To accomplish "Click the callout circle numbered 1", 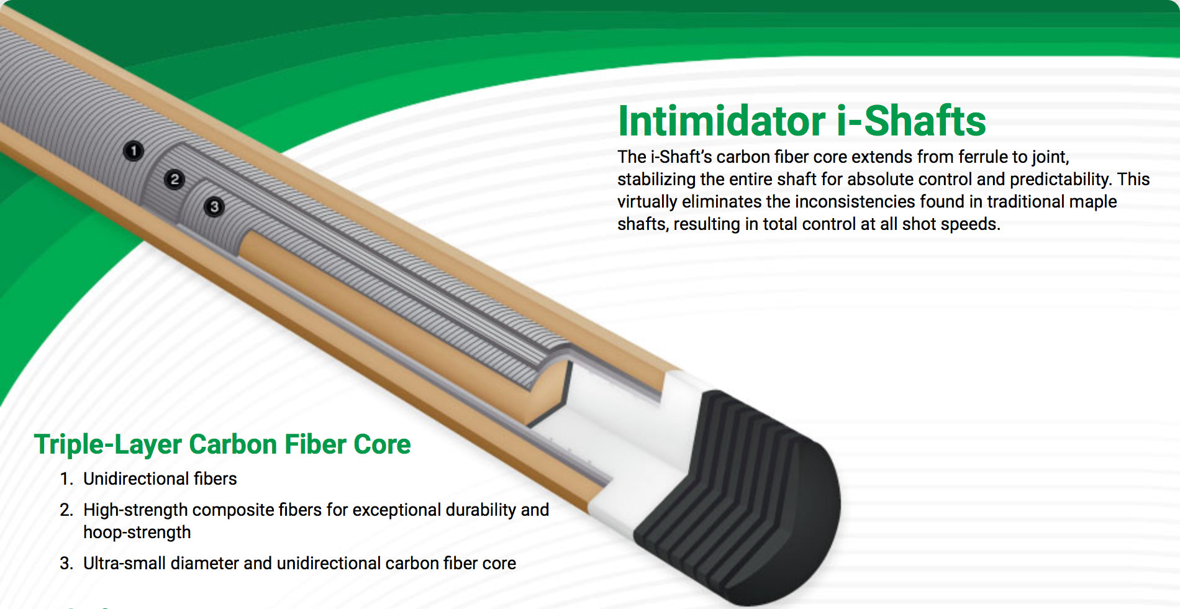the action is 134,151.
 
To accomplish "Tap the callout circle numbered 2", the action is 175,180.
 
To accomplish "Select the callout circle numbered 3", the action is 214,207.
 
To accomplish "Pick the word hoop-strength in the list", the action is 137,533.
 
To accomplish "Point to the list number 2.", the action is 66,510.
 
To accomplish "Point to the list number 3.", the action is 66,564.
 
